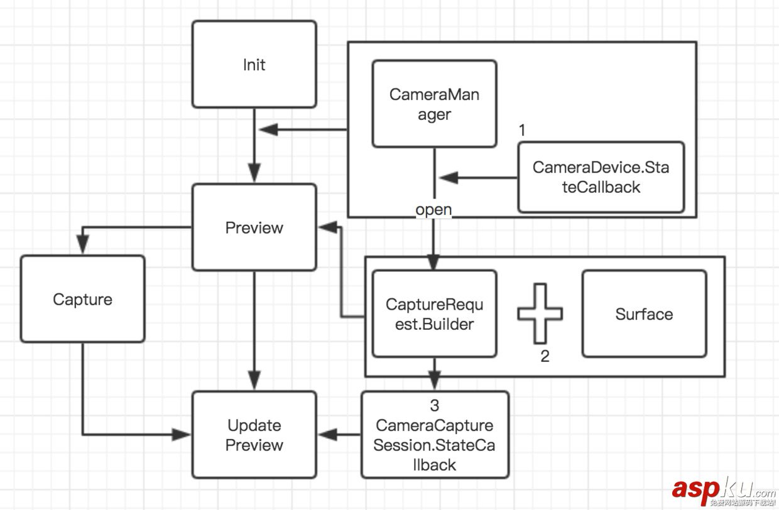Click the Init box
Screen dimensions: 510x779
(254, 64)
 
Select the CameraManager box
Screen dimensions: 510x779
(434, 104)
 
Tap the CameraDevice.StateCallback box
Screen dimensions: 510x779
(601, 177)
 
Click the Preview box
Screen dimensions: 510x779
(254, 227)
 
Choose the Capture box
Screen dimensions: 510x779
(82, 299)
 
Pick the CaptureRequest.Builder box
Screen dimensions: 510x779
(434, 314)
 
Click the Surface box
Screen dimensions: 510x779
(644, 314)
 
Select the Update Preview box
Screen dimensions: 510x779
(254, 435)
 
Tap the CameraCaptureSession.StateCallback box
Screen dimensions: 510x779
(434, 435)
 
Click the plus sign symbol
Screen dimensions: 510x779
(540, 313)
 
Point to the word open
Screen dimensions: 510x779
(433, 209)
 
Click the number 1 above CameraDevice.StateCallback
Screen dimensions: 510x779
(521, 130)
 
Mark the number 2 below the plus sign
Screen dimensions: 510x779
(545, 357)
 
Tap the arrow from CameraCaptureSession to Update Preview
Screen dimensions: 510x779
(339, 435)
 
